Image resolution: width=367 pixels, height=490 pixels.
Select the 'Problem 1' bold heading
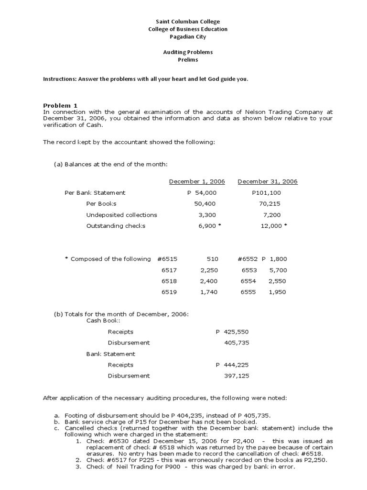60,105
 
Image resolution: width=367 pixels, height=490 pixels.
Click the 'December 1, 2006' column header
197,182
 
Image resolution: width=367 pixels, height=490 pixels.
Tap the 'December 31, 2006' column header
268,182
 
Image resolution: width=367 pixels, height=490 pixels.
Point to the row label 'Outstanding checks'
116,226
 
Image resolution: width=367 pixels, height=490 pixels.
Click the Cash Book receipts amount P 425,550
232,332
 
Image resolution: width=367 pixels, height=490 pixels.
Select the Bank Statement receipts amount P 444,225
232,365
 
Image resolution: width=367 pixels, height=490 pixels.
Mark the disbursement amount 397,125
237,376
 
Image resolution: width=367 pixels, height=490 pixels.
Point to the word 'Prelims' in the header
188,60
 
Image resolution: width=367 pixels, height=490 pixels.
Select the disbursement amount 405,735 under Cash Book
237,343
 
